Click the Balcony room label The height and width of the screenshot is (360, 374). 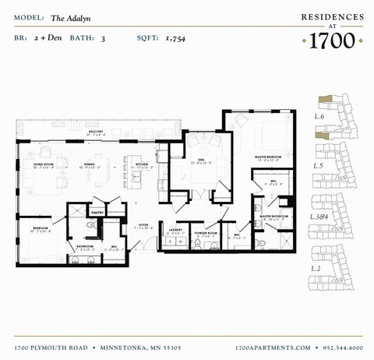tap(94, 132)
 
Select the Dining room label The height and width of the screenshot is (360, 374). tap(90, 164)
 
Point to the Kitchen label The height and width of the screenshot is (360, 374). tap(142, 164)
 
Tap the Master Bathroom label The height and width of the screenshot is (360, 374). tap(273, 216)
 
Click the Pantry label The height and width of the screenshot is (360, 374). tap(98, 211)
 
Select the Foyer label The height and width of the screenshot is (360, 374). tap(143, 224)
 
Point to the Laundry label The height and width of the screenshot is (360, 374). tap(176, 230)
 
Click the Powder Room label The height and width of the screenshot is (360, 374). tap(206, 232)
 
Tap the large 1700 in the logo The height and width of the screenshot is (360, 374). tap(332, 40)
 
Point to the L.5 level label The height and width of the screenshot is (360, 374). tap(318, 166)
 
